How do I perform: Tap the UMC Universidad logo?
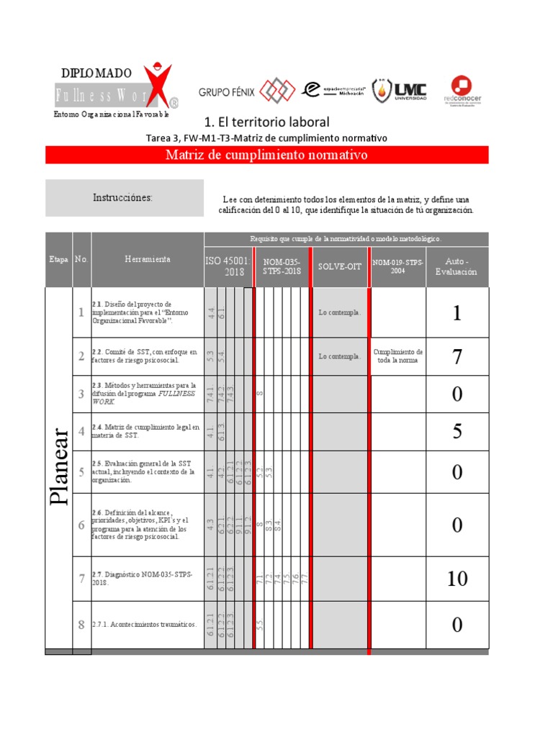(x=399, y=90)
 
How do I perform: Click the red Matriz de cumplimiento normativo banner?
(x=266, y=155)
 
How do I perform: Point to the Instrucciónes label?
(x=122, y=198)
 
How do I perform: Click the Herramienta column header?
(x=148, y=260)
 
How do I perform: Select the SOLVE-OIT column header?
(x=340, y=266)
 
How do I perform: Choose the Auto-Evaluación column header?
(x=457, y=266)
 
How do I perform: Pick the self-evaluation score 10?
(x=457, y=578)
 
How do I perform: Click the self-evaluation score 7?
(x=457, y=357)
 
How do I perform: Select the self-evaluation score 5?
(x=457, y=431)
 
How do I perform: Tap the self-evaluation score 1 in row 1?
(x=457, y=312)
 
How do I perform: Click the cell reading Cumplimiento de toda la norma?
(x=397, y=356)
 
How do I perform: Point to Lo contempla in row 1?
(x=340, y=312)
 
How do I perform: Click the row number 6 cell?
(x=81, y=525)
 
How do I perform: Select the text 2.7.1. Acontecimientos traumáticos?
(x=144, y=625)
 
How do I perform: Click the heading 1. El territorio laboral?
(x=267, y=122)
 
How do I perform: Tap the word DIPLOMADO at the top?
(x=96, y=73)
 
